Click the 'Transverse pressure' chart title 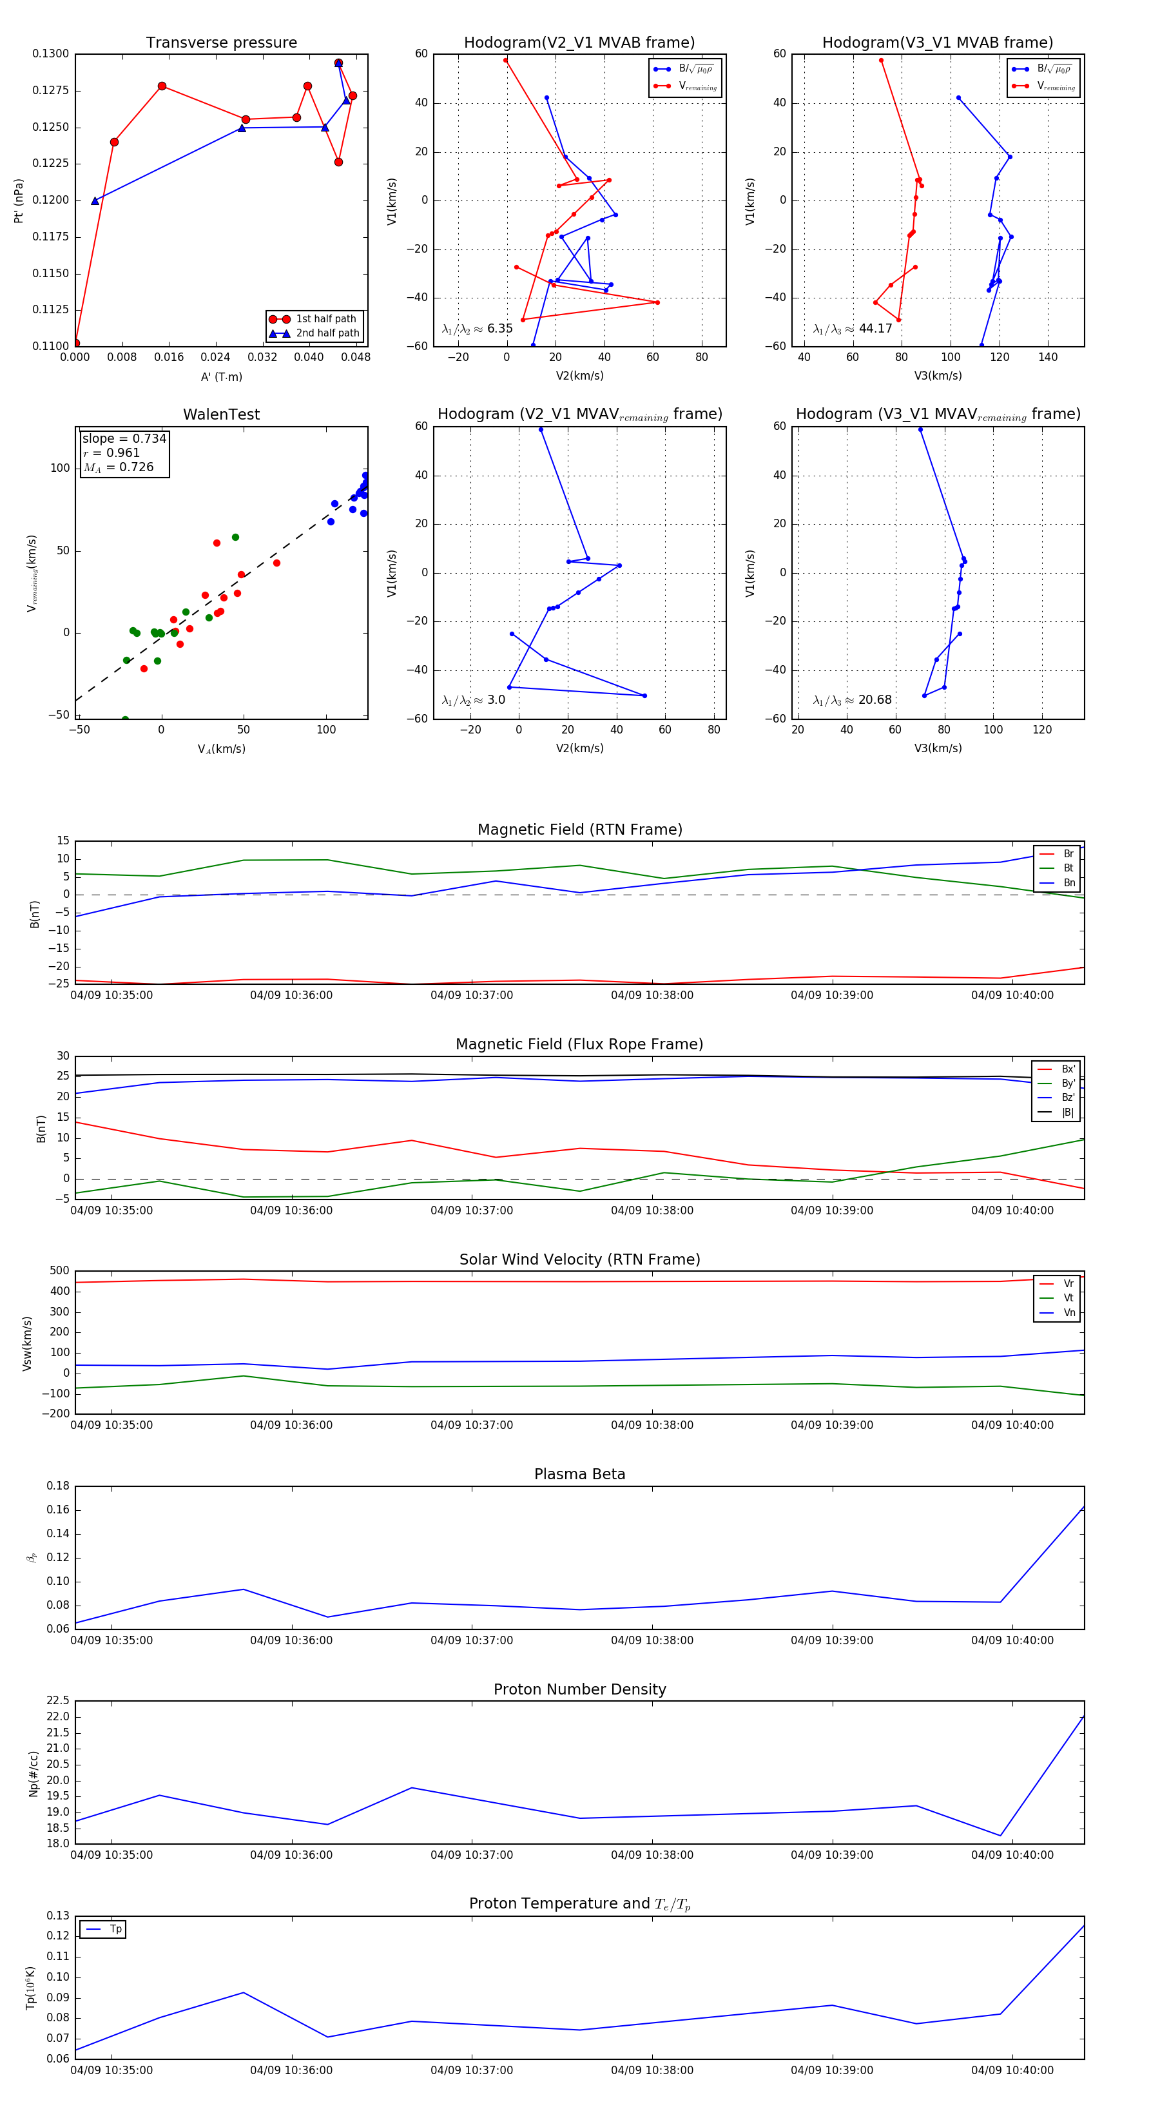[x=221, y=43]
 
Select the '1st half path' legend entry [x=326, y=318]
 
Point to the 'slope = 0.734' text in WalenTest [x=124, y=438]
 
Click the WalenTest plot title [x=221, y=414]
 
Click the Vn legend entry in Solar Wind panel [x=1068, y=1312]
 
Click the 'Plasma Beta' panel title [x=579, y=1474]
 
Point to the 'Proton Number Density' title [x=579, y=1689]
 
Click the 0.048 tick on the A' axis [x=356, y=358]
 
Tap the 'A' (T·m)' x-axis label [x=221, y=376]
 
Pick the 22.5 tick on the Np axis [x=58, y=1700]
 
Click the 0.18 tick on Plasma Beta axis [x=58, y=1486]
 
